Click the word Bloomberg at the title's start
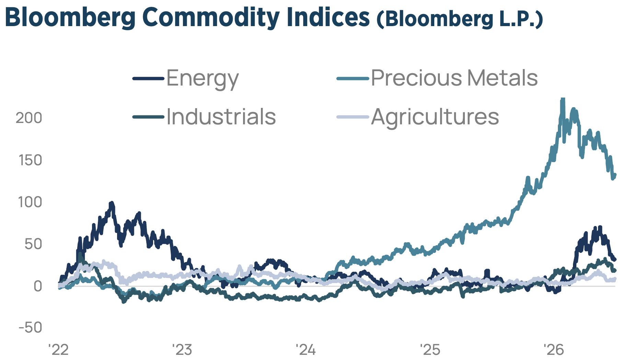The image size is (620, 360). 70,18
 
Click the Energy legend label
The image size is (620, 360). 203,78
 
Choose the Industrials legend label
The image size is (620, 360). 221,116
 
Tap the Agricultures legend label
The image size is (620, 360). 435,117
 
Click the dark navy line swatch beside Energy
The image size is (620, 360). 148,79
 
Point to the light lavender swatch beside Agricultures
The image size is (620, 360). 353,117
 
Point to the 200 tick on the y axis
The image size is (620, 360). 29,118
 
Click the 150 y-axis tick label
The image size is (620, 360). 30,160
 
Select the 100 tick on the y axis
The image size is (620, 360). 30,202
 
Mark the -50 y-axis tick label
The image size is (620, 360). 30,328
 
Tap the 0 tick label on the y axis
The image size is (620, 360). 37,286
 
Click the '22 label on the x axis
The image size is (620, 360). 59,350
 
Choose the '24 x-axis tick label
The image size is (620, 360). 306,350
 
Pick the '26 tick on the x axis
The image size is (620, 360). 553,350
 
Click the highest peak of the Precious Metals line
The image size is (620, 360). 562,99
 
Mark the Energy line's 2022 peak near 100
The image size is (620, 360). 111,203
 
